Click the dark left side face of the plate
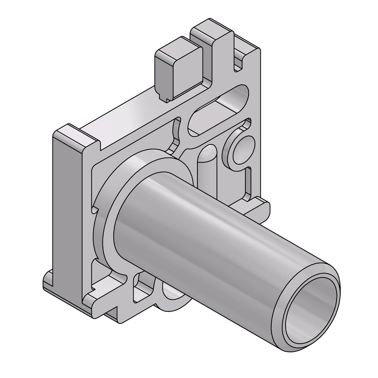pyautogui.click(x=66, y=210)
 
